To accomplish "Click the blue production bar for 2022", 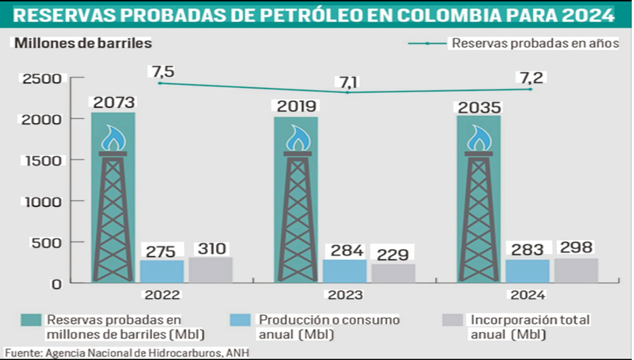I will (162, 271).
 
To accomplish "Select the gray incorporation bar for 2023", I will (393, 273).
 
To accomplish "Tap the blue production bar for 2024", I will (527, 271).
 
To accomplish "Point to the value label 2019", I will (296, 107).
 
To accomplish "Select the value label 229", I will (393, 255).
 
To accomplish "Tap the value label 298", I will (575, 248).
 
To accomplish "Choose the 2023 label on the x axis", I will (344, 295).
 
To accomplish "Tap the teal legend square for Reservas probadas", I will (31, 321).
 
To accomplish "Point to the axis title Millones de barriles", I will (84, 43).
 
